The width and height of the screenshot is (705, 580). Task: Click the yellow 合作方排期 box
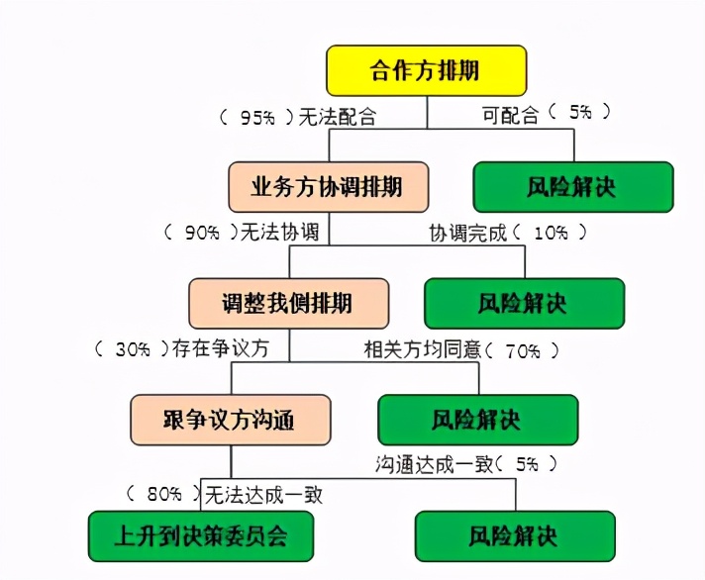426,71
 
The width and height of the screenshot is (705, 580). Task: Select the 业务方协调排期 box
315,185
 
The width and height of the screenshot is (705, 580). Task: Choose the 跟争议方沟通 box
231,420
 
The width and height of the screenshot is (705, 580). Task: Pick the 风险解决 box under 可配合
573,185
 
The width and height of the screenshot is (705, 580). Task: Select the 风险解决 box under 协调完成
524,302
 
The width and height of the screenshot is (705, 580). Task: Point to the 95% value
257,117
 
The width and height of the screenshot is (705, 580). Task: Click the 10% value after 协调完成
551,234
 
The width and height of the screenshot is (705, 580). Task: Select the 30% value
132,349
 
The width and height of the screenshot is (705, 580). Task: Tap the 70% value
522,349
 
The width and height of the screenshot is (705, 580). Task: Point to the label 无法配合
339,117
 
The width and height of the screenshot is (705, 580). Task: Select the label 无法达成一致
263,492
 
